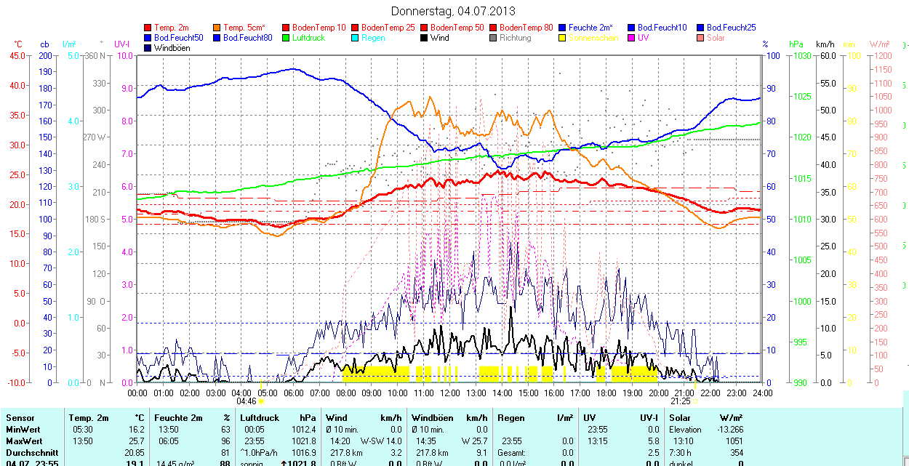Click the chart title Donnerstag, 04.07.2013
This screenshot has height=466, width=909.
pyautogui.click(x=453, y=11)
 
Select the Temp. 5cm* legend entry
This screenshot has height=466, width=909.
pyautogui.click(x=244, y=28)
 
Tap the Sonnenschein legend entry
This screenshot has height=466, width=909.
pyautogui.click(x=593, y=38)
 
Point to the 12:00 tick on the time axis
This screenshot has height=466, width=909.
pyautogui.click(x=450, y=393)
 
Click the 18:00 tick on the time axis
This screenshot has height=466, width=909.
pyautogui.click(x=606, y=393)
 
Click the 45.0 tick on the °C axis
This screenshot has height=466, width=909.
pyautogui.click(x=17, y=55)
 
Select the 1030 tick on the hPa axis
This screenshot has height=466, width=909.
pyautogui.click(x=802, y=55)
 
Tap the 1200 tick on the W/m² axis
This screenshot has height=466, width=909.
pyautogui.click(x=882, y=55)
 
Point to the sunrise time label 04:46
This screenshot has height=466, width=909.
pyautogui.click(x=247, y=401)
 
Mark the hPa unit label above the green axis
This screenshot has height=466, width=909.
pyautogui.click(x=796, y=44)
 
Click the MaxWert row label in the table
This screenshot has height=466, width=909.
pyautogui.click(x=24, y=441)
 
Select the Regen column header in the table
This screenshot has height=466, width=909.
pyautogui.click(x=511, y=418)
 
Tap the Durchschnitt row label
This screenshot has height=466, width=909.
pyautogui.click(x=30, y=452)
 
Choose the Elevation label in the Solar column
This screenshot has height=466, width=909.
pyautogui.click(x=685, y=430)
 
